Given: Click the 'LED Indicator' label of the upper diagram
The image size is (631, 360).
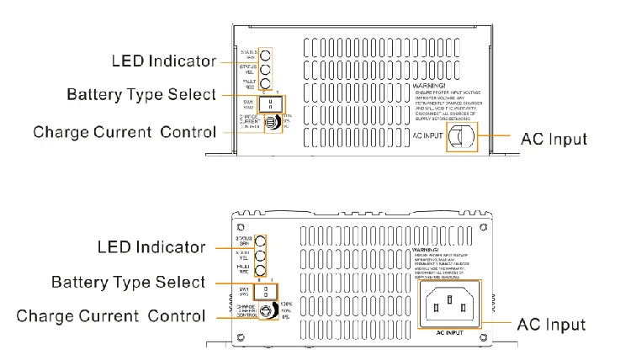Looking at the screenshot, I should (164, 61).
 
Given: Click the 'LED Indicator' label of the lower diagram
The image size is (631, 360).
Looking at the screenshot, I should (151, 246).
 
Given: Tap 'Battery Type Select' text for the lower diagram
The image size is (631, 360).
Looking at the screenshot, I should (139, 280).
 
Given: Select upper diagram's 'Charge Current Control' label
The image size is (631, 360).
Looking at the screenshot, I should (124, 132).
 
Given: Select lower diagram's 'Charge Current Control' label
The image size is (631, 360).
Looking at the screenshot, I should (110, 316).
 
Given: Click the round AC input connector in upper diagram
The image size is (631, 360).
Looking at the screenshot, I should (460, 136).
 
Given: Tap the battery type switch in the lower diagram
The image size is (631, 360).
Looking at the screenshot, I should (266, 290).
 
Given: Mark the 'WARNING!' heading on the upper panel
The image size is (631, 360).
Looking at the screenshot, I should (430, 86).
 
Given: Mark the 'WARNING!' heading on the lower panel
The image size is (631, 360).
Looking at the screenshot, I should (429, 251).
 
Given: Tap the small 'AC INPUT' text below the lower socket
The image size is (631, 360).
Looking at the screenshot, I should (450, 334).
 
